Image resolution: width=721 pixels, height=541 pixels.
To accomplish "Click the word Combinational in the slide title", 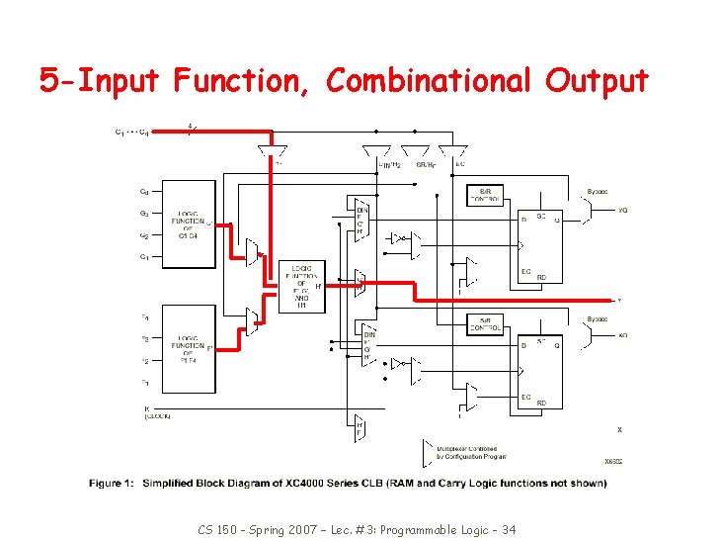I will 424,80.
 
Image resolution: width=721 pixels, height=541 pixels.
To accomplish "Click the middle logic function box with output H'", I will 302,286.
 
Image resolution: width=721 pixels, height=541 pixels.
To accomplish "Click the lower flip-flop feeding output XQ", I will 540,371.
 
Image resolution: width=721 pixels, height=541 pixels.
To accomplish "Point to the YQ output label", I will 622,210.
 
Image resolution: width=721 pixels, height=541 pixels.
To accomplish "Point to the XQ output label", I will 622,336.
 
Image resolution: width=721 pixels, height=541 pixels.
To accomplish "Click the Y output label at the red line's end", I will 619,300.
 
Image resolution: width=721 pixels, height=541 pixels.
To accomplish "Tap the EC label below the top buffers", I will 460,164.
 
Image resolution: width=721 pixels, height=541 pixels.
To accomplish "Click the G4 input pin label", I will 144,192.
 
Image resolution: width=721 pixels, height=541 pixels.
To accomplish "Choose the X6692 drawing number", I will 613,461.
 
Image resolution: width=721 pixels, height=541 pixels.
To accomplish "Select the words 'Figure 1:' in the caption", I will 112,483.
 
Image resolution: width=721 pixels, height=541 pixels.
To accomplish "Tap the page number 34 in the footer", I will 508,530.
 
